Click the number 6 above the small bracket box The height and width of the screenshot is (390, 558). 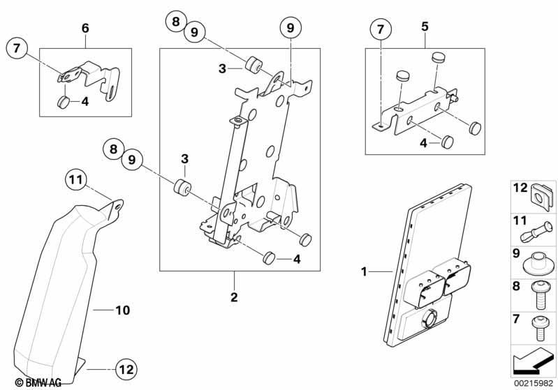click(85, 28)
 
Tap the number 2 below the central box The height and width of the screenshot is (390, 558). click(235, 297)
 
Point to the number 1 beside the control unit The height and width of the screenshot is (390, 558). click(363, 270)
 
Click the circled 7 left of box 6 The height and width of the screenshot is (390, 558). click(18, 49)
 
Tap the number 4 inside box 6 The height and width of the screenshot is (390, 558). click(85, 102)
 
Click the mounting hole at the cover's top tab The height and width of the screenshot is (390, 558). click(119, 205)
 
